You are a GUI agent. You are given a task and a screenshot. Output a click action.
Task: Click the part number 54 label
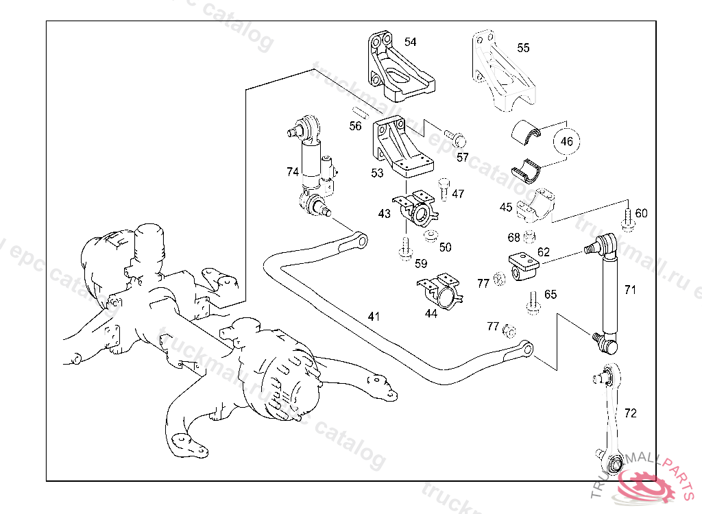pos(410,42)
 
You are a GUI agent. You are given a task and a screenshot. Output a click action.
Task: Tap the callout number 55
pos(523,48)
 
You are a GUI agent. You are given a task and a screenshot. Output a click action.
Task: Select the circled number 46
pos(566,142)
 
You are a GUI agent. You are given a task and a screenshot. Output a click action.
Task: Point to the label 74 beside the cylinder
pos(293,172)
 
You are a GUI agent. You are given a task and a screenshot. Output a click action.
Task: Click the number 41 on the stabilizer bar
pos(374,317)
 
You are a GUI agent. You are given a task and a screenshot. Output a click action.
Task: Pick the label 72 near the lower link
pos(630,413)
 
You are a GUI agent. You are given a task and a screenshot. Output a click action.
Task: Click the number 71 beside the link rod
pos(630,290)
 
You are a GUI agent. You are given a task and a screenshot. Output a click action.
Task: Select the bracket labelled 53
pos(400,146)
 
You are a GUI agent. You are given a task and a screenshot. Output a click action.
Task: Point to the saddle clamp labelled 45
pos(537,205)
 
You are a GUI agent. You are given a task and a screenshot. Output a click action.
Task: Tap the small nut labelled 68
pos(529,238)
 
